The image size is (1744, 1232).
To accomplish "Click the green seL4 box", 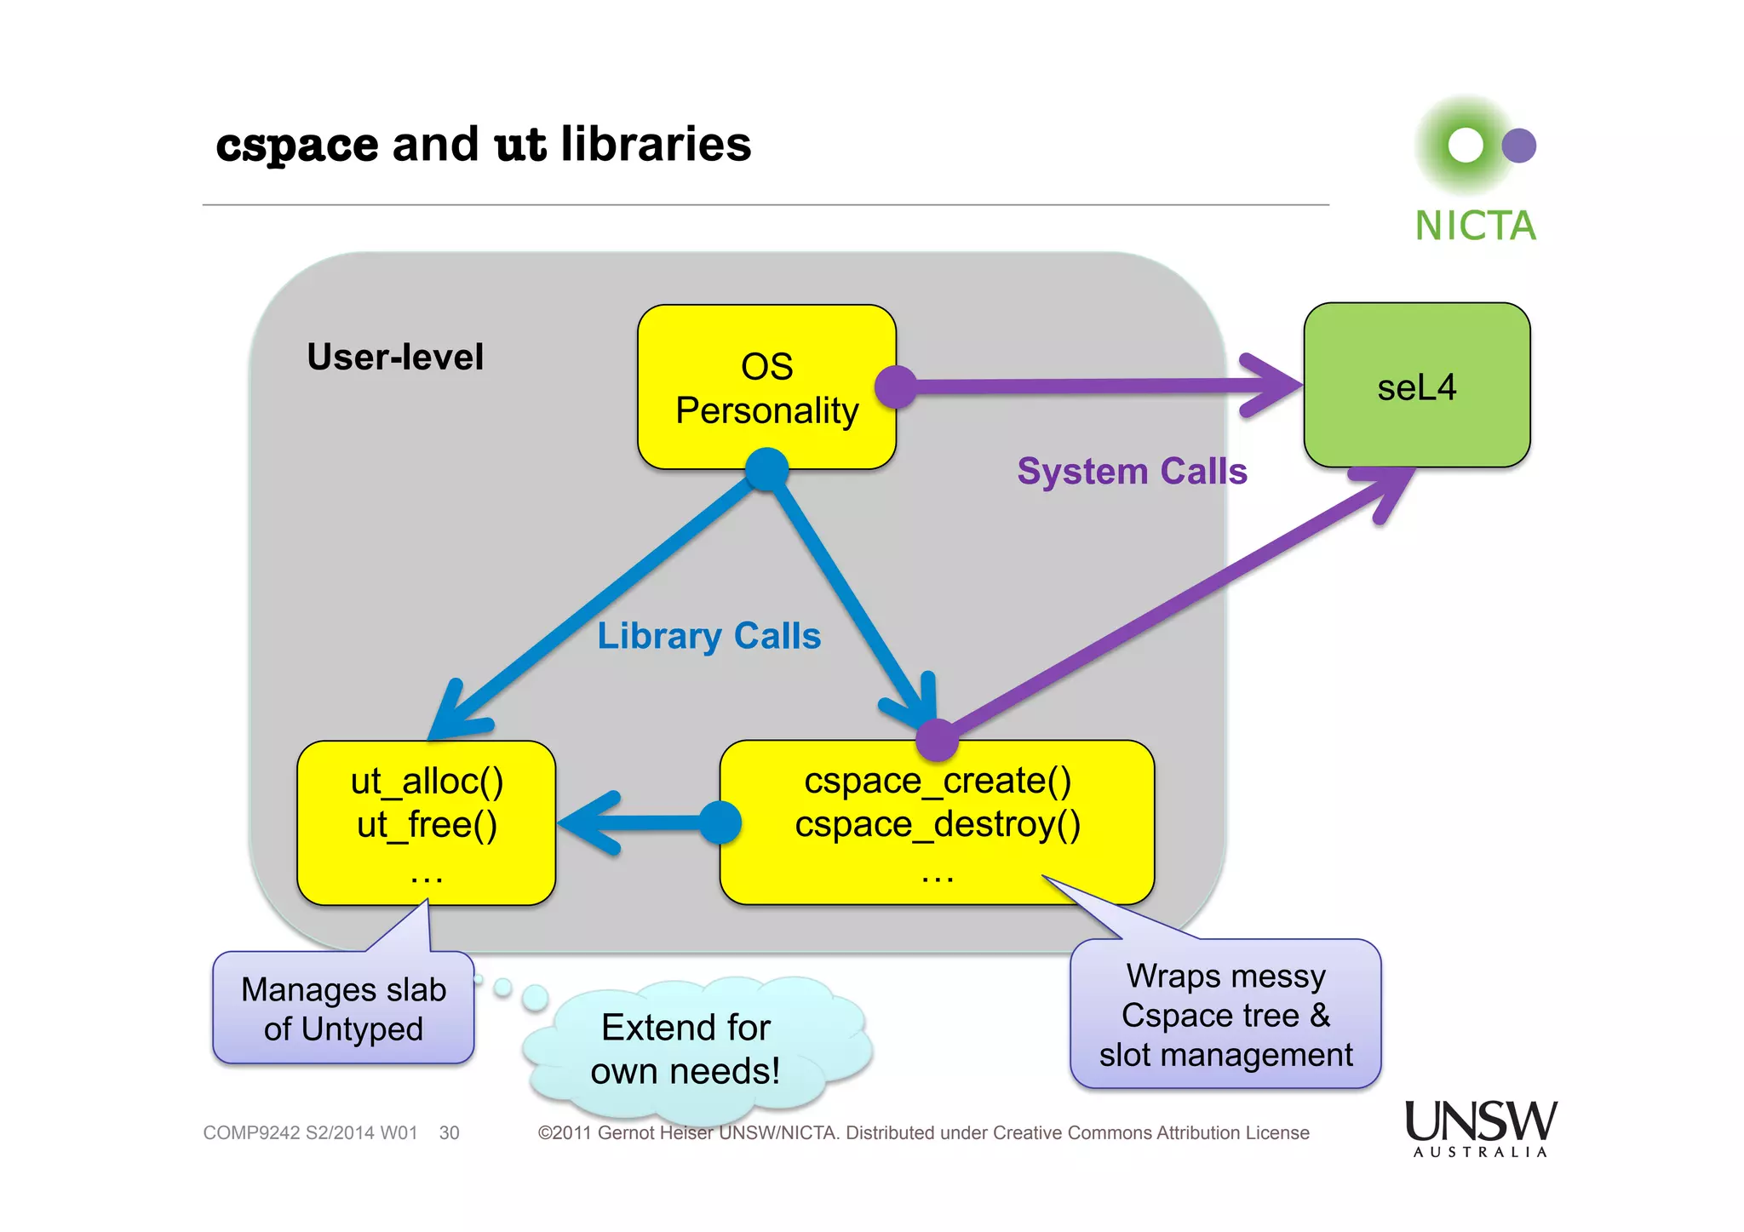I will pos(1416,386).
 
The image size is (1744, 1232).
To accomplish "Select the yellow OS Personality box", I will pos(766,387).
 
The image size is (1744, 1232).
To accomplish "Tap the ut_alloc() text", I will pos(427,781).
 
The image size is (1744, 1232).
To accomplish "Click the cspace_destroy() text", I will pos(938,824).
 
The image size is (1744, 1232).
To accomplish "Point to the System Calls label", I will pos(1132,471).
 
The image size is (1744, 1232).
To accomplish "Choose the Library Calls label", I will pos(708,636).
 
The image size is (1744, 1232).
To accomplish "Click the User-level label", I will pos(395,357).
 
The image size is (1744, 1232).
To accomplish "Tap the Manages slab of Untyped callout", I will pos(343,1009).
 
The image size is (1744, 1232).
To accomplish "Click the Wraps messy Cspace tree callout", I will pos(1225,1015).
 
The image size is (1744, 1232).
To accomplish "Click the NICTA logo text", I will pos(1475,226).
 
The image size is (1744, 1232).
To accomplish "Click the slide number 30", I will pos(449,1133).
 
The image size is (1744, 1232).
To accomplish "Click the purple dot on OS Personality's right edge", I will pos(897,387).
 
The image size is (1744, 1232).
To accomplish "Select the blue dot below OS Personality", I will pos(766,469).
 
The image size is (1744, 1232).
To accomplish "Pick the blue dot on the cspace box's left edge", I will pos(720,822).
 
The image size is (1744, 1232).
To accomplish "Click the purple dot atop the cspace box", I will pos(938,739).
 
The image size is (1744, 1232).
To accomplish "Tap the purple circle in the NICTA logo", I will pos(1518,146).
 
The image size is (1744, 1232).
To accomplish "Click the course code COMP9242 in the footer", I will pos(251,1133).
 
